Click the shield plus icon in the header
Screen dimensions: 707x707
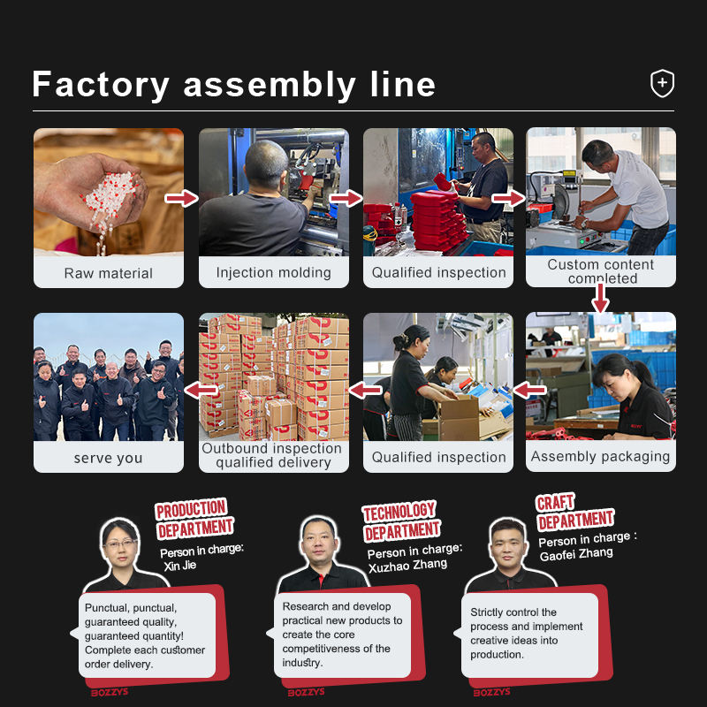coord(662,83)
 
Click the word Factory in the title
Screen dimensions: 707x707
coord(101,85)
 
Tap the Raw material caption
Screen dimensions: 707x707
coord(108,273)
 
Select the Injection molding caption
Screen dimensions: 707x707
coord(273,273)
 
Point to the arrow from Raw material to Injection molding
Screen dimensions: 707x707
coord(181,198)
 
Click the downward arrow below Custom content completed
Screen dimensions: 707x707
coord(600,298)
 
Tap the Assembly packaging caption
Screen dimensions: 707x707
coord(600,456)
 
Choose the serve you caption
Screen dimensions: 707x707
coord(108,458)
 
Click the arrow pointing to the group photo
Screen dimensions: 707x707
coord(201,390)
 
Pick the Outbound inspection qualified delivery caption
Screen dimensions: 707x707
coord(272,455)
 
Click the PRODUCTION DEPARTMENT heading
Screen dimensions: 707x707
coord(194,519)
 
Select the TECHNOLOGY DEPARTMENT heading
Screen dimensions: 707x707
coord(401,521)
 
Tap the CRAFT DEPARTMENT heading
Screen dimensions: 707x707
coord(575,512)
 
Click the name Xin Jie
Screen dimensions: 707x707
coord(180,566)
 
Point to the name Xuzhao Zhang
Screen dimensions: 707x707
coord(407,566)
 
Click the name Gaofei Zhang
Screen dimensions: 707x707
coord(576,554)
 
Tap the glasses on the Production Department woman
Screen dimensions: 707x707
coord(120,544)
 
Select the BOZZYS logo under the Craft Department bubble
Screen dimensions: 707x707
coord(491,692)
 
